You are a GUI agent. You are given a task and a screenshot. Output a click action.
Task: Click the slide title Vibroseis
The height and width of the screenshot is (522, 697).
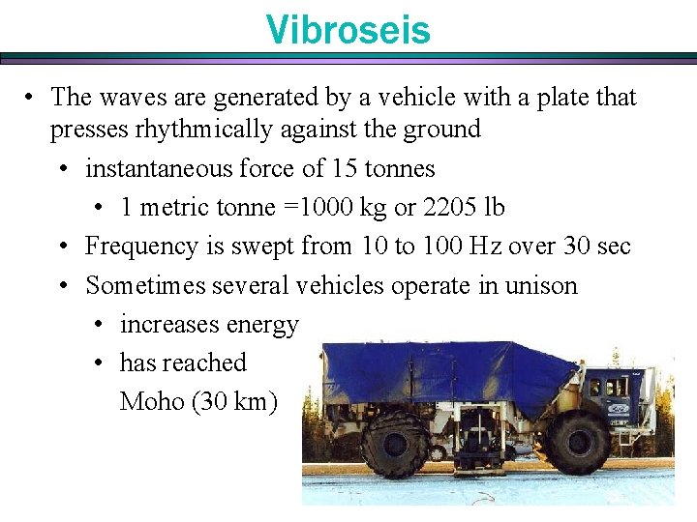coord(348,30)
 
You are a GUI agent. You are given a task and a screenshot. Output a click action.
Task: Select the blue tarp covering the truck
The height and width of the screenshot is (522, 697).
coord(455,372)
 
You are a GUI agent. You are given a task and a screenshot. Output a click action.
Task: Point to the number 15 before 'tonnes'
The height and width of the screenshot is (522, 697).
coord(345,168)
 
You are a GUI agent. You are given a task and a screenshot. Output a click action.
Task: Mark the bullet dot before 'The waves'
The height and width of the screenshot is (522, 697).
coord(32,98)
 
